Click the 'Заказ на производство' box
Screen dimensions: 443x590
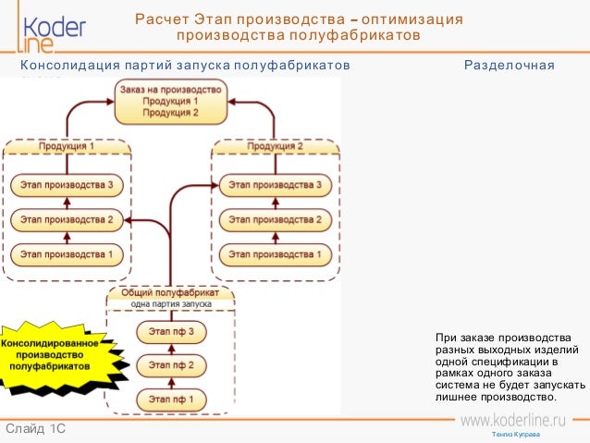point(169,101)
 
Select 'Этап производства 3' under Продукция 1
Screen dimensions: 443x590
point(67,186)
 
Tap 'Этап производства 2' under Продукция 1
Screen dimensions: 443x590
point(67,220)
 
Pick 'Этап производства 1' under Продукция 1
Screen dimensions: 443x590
point(67,253)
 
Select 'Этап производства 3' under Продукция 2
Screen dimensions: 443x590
point(276,186)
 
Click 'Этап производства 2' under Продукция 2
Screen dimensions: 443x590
point(276,220)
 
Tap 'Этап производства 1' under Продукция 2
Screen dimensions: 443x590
point(276,253)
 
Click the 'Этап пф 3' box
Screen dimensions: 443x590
point(171,331)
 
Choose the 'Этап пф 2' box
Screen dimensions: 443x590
point(171,365)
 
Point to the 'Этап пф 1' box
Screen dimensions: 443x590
point(171,400)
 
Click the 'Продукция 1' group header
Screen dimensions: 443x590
point(67,147)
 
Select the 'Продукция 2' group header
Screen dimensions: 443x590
point(276,147)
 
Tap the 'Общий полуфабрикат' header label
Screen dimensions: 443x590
point(171,292)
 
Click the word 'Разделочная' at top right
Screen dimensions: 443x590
point(509,66)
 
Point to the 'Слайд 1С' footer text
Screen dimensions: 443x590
point(35,429)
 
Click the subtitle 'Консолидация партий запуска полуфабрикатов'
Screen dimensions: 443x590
point(185,66)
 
